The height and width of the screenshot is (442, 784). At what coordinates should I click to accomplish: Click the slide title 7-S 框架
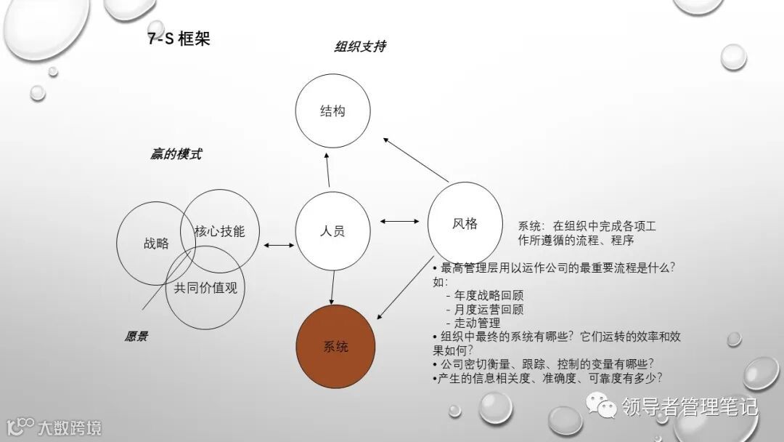click(x=179, y=39)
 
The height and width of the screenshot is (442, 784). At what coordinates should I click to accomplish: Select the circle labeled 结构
click(x=332, y=112)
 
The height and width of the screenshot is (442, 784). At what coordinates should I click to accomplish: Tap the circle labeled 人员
click(x=332, y=231)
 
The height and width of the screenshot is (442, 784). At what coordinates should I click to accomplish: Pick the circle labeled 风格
click(x=465, y=223)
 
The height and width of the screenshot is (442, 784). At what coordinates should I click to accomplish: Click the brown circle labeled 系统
click(x=335, y=347)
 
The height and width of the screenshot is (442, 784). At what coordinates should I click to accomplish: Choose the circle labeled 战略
click(x=156, y=243)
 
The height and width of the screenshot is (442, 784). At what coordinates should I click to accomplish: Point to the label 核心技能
click(x=219, y=231)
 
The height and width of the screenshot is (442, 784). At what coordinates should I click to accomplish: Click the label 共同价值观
click(x=205, y=288)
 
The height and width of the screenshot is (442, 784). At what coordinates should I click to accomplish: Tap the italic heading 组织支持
click(x=359, y=47)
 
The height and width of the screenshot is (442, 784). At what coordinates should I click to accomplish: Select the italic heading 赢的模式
click(x=176, y=154)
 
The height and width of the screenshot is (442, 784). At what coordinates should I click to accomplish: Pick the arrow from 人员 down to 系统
click(x=332, y=287)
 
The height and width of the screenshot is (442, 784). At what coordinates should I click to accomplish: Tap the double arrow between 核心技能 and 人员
click(x=279, y=246)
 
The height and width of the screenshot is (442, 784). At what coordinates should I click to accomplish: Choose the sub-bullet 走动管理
click(x=477, y=323)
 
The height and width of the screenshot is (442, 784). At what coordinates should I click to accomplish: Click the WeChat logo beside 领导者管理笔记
click(x=602, y=404)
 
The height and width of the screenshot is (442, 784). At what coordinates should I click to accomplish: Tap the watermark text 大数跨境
click(x=70, y=427)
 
